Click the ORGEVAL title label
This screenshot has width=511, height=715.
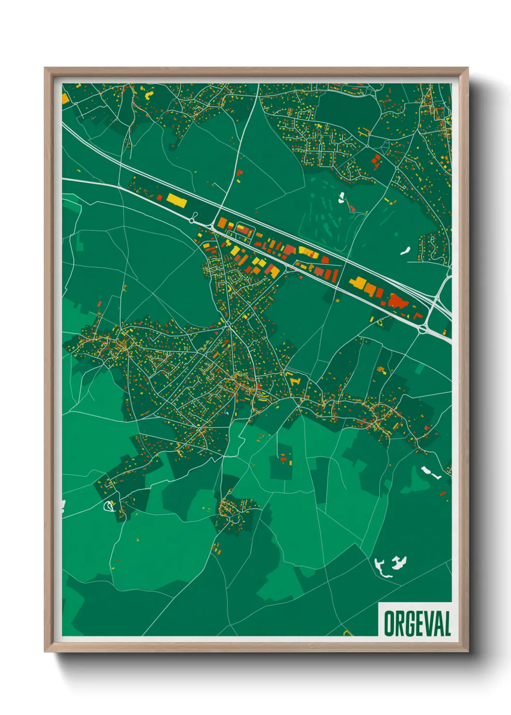(x=417, y=623)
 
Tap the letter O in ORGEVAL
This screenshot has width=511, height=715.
(x=389, y=624)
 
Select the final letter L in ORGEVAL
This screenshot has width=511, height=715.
(x=447, y=624)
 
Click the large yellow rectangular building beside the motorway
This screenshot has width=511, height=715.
(x=176, y=200)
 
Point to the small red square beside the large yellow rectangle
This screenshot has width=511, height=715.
(x=159, y=197)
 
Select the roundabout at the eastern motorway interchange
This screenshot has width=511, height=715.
(x=424, y=330)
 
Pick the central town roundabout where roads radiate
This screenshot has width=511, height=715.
(x=227, y=323)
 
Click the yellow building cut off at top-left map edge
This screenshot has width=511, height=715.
(x=65, y=98)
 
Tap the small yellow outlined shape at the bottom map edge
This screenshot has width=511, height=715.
(x=346, y=632)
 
